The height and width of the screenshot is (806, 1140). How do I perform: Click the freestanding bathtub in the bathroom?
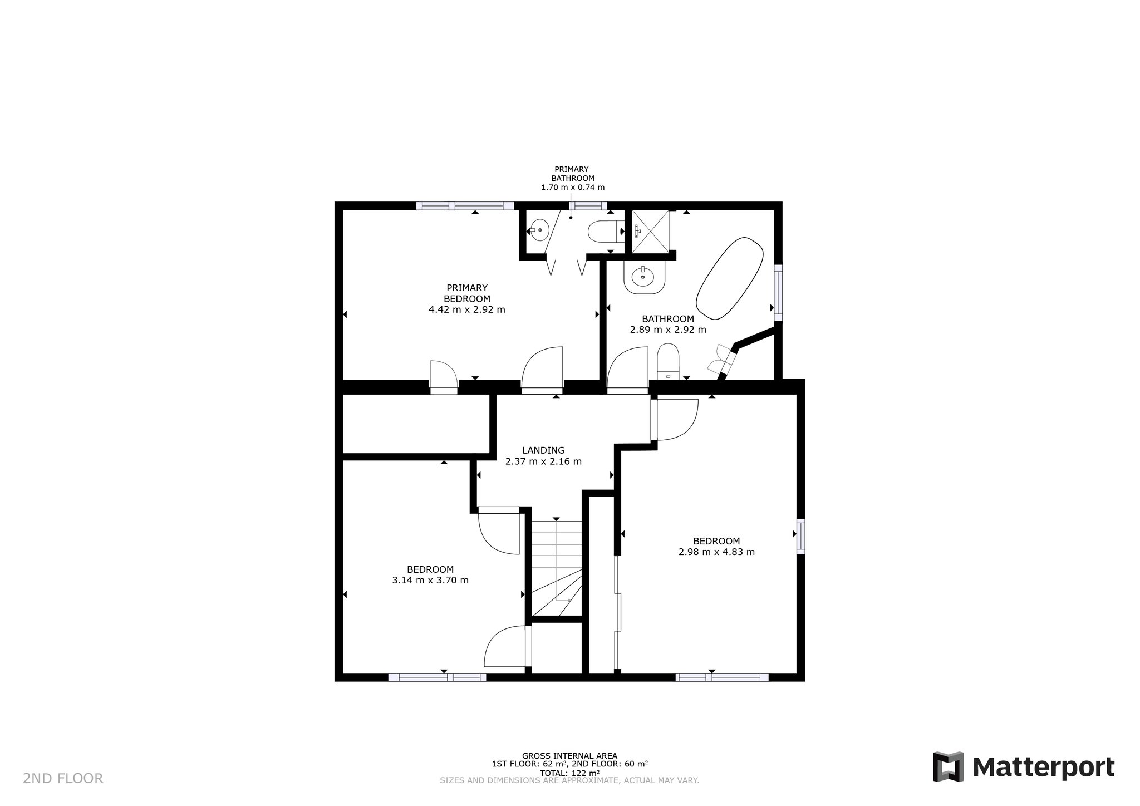(729, 279)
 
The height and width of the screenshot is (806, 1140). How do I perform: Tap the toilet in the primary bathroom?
(602, 232)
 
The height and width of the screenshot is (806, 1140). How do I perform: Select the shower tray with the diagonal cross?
(649, 231)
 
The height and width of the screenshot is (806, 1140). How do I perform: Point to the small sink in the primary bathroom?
(538, 230)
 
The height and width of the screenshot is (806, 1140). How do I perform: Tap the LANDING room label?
(543, 450)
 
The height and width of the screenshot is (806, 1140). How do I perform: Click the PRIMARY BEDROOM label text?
(467, 293)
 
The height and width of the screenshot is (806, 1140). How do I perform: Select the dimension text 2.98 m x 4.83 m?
(716, 552)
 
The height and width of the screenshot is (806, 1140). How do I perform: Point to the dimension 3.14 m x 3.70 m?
(430, 580)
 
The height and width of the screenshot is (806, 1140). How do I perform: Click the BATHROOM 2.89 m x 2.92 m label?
(668, 325)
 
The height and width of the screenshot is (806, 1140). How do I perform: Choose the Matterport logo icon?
(948, 766)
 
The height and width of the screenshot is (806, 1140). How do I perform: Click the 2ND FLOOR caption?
(63, 778)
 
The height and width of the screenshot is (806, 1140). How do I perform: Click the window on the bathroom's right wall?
(778, 293)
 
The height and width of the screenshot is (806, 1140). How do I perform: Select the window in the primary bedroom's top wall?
(465, 205)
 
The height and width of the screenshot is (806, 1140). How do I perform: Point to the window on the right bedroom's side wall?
(800, 536)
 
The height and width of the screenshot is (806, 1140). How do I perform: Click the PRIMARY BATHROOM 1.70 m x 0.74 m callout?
(573, 178)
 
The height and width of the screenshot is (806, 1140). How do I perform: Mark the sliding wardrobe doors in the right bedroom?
(617, 612)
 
